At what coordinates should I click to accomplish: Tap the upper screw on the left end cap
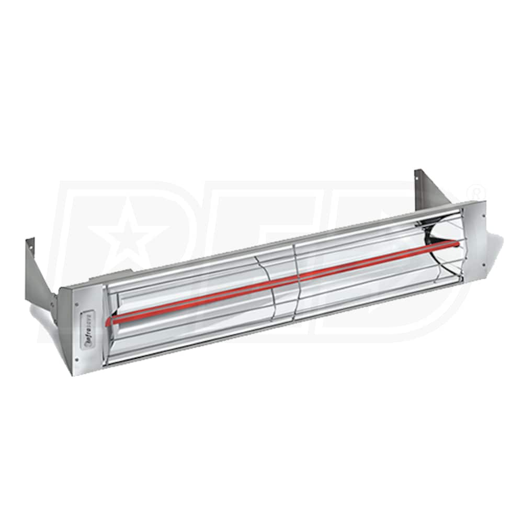(x=77, y=303)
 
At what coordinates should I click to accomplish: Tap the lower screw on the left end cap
(x=76, y=359)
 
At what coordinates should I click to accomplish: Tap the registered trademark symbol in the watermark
(x=477, y=187)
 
